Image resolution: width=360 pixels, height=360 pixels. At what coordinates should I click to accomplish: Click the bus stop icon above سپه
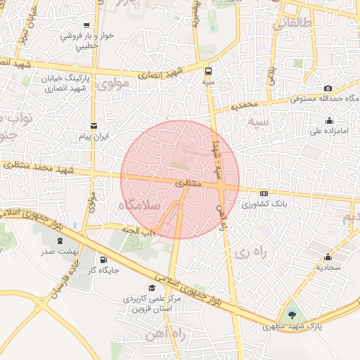pyautogui.click(x=208, y=71)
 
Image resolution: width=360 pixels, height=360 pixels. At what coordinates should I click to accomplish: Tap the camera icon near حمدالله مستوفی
pyautogui.click(x=328, y=88)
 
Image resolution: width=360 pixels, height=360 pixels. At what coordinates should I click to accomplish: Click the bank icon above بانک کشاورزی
pyautogui.click(x=263, y=194)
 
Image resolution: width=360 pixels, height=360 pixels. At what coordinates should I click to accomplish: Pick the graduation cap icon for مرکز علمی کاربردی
pyautogui.click(x=152, y=288)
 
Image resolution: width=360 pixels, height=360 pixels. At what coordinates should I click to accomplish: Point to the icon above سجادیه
pyautogui.click(x=328, y=257)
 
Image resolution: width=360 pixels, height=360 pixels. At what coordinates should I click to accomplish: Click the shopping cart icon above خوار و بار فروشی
pyautogui.click(x=86, y=25)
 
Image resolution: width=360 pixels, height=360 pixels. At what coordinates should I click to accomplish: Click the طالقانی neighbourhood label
pyautogui.click(x=290, y=23)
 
